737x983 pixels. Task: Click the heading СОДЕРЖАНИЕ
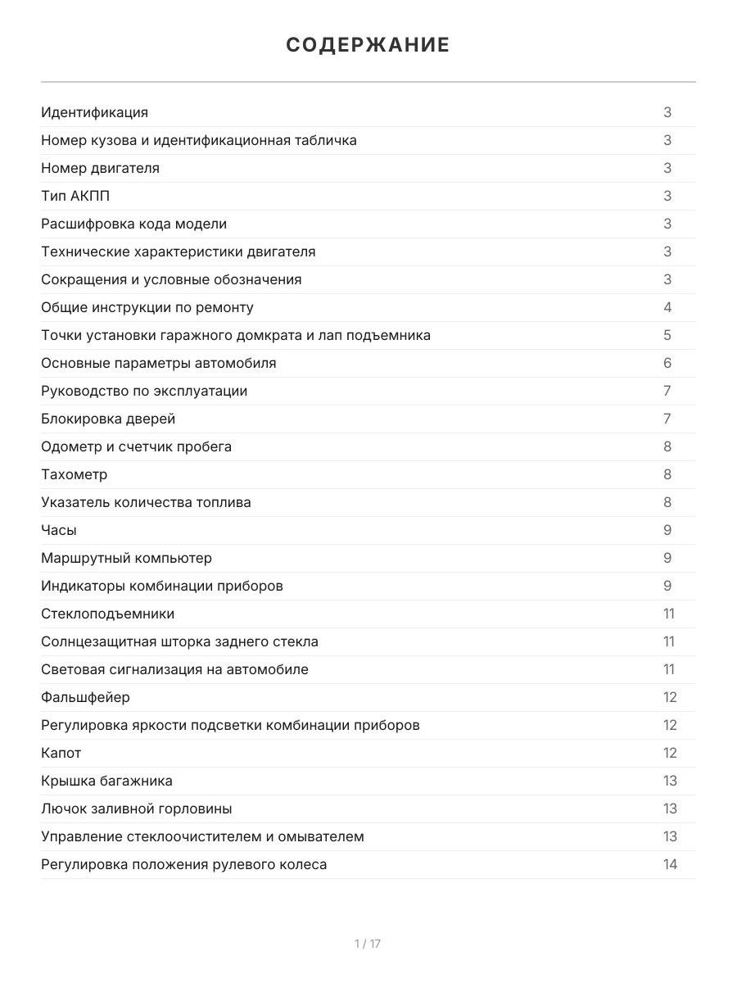(368, 45)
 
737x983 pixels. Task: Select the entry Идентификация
(94, 112)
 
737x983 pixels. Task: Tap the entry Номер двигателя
(100, 168)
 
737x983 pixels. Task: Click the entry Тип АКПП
(75, 196)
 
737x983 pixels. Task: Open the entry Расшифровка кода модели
(133, 224)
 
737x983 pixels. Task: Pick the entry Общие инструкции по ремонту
(147, 307)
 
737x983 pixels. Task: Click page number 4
(667, 307)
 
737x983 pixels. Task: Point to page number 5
(667, 335)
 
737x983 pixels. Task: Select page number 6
(667, 363)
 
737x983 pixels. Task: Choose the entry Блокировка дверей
(108, 419)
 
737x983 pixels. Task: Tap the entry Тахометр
(74, 474)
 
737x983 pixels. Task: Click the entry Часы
(59, 530)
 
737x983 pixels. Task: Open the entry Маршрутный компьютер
(126, 558)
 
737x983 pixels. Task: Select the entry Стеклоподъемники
(107, 614)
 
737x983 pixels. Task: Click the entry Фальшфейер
(85, 697)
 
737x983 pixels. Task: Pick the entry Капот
(61, 753)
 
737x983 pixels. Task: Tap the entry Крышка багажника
(106, 781)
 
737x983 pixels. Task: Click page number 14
(670, 864)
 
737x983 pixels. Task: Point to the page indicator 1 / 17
(368, 944)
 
